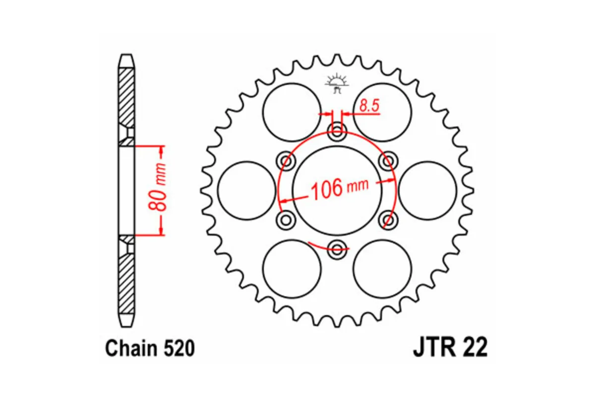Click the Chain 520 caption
tap(149, 348)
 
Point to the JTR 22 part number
tap(450, 347)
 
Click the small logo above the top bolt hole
tap(338, 83)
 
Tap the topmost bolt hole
tap(338, 132)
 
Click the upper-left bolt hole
tap(286, 161)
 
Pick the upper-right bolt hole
tap(389, 161)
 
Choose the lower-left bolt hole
tap(286, 219)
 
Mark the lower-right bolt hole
tap(389, 219)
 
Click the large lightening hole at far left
tap(246, 190)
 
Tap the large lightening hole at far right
tap(427, 190)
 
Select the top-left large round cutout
tap(292, 112)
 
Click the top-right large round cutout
tap(382, 112)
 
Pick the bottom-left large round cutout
tap(292, 268)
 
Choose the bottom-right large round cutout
tap(382, 268)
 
